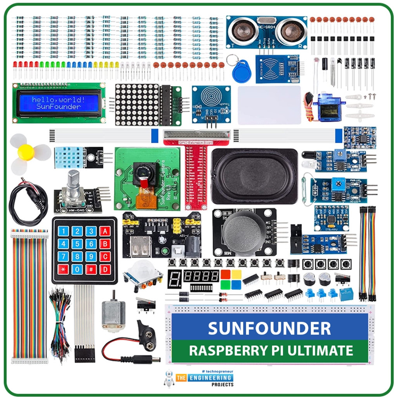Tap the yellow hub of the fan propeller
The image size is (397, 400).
(x=26, y=152)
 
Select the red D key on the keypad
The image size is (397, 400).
(x=105, y=269)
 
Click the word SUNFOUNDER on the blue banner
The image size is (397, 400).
(x=269, y=328)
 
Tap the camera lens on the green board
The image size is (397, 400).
(x=145, y=170)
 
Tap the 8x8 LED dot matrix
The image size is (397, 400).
(x=137, y=104)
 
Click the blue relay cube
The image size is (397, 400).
(x=346, y=294)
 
